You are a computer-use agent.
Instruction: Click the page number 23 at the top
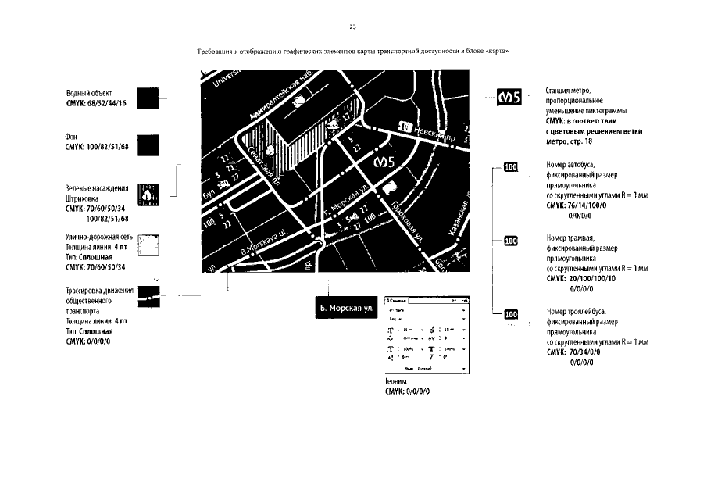352,27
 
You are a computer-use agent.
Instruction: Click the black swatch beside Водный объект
148,98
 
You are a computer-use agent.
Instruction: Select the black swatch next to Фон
148,145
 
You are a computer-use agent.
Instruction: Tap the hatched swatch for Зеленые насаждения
148,195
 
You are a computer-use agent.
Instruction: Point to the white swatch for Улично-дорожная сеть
148,246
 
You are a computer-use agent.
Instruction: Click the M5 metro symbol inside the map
387,163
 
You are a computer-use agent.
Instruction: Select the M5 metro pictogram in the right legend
510,98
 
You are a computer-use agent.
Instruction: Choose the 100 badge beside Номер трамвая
511,241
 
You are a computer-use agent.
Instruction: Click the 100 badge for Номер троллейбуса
511,315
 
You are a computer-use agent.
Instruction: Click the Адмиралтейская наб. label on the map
286,100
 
